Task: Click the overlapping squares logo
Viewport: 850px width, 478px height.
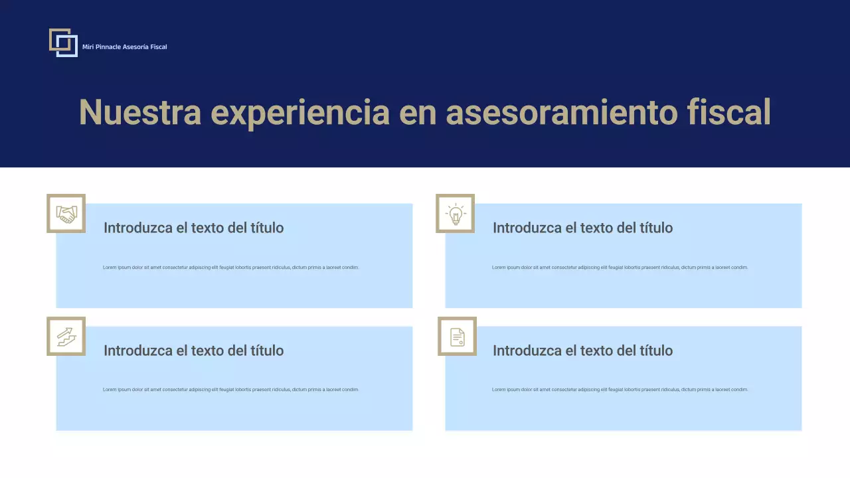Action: (x=63, y=42)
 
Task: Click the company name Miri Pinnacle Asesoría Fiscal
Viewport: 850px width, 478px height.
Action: (x=124, y=47)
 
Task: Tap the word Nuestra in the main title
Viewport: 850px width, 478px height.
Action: (x=139, y=112)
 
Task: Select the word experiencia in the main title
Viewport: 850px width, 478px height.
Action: (x=299, y=112)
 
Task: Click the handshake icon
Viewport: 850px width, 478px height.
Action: (x=66, y=214)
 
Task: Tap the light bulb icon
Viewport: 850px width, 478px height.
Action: (x=456, y=214)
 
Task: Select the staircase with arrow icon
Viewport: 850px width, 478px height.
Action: (x=66, y=337)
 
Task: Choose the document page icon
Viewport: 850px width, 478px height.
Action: (x=458, y=337)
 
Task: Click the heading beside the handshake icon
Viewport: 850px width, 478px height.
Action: (x=193, y=228)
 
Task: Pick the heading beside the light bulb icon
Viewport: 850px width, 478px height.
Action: (x=582, y=228)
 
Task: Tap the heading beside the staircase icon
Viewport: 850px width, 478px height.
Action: (x=193, y=351)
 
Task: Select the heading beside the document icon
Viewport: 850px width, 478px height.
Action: (x=582, y=351)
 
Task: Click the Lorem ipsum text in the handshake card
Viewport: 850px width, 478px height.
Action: (x=230, y=268)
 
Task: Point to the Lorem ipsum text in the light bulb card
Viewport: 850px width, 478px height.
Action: (x=620, y=268)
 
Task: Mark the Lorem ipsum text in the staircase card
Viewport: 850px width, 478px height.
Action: (x=230, y=390)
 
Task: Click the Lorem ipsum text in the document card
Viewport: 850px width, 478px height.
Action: (x=620, y=390)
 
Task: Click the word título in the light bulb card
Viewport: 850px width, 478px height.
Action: (x=655, y=228)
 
